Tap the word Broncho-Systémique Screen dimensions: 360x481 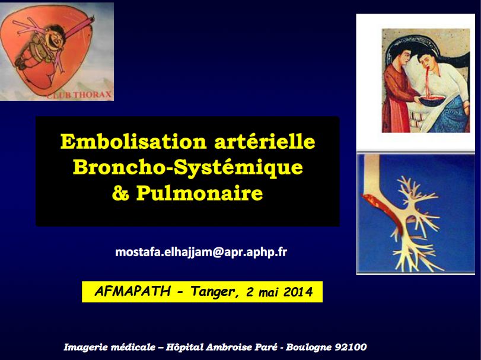pyautogui.click(x=187, y=168)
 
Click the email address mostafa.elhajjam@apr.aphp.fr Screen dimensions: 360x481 pyautogui.click(x=201, y=251)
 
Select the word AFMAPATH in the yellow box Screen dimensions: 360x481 pyautogui.click(x=133, y=292)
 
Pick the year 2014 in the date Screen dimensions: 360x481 pyautogui.click(x=298, y=292)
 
